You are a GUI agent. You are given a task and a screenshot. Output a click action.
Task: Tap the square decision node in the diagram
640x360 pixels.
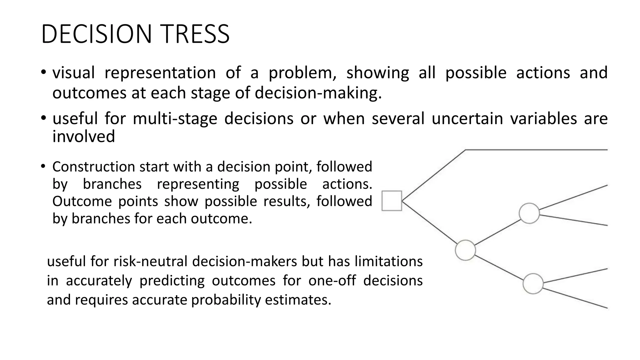pos(392,201)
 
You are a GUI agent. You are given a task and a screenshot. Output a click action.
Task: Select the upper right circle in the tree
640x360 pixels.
pos(529,213)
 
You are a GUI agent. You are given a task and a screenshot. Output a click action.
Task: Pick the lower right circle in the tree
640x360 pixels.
pos(533,283)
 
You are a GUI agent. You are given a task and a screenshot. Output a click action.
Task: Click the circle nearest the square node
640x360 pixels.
pos(465,250)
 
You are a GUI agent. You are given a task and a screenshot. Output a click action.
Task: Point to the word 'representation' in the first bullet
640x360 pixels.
pos(160,73)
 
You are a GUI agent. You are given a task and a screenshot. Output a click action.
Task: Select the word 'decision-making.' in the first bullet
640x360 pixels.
pos(318,93)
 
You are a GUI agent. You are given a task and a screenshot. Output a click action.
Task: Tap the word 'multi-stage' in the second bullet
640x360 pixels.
pos(175,119)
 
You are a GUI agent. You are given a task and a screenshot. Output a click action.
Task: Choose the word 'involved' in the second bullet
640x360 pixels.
pos(84,137)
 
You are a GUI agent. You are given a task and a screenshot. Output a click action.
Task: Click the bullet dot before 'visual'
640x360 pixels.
pos(43,73)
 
